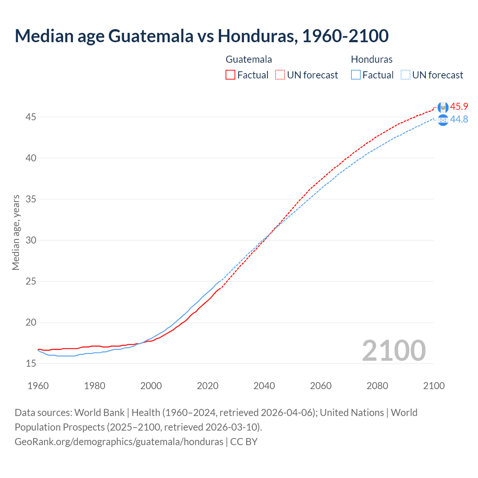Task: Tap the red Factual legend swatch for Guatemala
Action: point(230,75)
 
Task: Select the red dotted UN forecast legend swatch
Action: point(280,75)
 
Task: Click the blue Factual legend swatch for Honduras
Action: point(356,75)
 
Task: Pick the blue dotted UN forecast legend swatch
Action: point(405,75)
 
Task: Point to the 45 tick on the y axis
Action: point(31,117)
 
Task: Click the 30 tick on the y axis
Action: point(31,240)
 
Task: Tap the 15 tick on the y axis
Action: point(31,363)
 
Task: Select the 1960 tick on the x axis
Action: point(38,386)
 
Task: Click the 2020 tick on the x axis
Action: point(208,386)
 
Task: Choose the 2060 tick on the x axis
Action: point(321,386)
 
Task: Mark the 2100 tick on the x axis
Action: point(434,386)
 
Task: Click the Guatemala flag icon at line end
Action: point(443,107)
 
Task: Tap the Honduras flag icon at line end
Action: point(443,120)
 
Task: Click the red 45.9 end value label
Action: point(459,106)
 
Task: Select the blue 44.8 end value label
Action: point(459,119)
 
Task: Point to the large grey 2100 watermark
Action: point(394,350)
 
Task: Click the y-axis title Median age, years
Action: point(16,232)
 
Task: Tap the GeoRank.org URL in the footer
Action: point(119,441)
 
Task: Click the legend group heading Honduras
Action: point(372,59)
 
